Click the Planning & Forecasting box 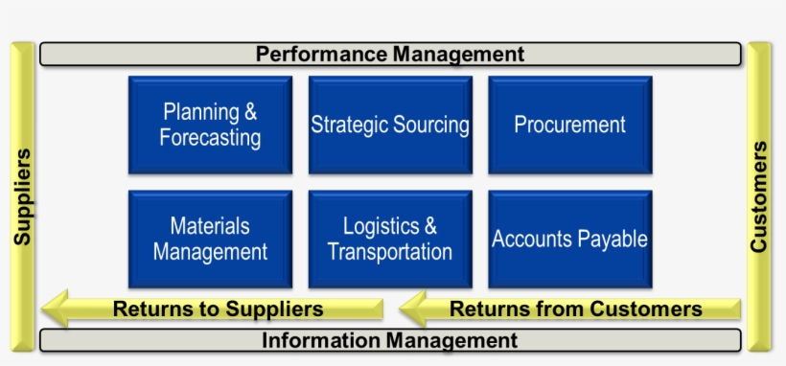(x=210, y=126)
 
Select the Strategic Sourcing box (x=390, y=126)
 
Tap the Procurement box (x=569, y=126)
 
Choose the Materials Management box (x=210, y=240)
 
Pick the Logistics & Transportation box (x=390, y=240)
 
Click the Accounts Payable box (x=569, y=240)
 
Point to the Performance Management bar (x=390, y=54)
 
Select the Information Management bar (x=390, y=340)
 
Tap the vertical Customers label (x=759, y=196)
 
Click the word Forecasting (x=210, y=138)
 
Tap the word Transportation (x=390, y=252)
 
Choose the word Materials (x=210, y=227)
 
